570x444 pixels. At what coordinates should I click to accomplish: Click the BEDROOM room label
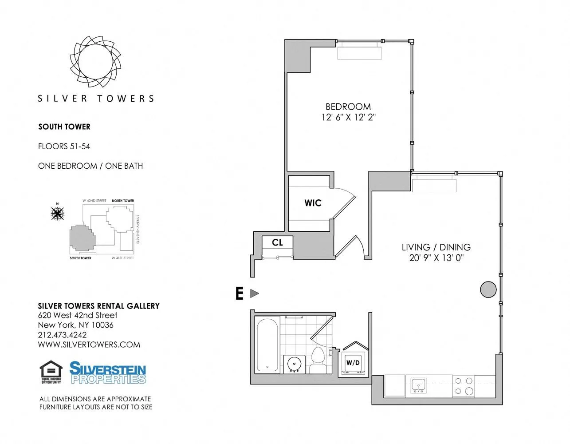pyautogui.click(x=348, y=107)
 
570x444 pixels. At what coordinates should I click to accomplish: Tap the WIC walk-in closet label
pyautogui.click(x=313, y=203)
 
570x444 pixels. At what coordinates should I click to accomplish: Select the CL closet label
pyautogui.click(x=277, y=242)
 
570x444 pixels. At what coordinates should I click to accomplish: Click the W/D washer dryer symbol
pyautogui.click(x=353, y=363)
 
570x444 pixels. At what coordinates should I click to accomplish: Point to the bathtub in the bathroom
pyautogui.click(x=268, y=345)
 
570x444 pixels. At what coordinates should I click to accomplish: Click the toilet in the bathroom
pyautogui.click(x=318, y=360)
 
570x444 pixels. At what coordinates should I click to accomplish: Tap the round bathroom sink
pyautogui.click(x=293, y=364)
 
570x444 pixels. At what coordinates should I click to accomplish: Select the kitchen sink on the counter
pyautogui.click(x=418, y=385)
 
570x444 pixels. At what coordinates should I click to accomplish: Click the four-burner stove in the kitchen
pyautogui.click(x=464, y=386)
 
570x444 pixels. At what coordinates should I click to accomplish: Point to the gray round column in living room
pyautogui.click(x=488, y=289)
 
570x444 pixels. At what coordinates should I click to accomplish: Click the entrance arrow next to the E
pyautogui.click(x=255, y=293)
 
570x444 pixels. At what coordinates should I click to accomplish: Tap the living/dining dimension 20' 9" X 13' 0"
pyautogui.click(x=436, y=258)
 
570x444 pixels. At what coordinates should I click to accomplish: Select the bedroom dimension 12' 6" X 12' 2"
pyautogui.click(x=348, y=117)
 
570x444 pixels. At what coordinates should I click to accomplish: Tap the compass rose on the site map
pyautogui.click(x=57, y=214)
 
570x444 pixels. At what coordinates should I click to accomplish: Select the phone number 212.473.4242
pyautogui.click(x=62, y=335)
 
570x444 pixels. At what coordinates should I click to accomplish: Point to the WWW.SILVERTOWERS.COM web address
pyautogui.click(x=89, y=345)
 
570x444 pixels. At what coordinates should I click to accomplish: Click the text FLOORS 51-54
pyautogui.click(x=64, y=146)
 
